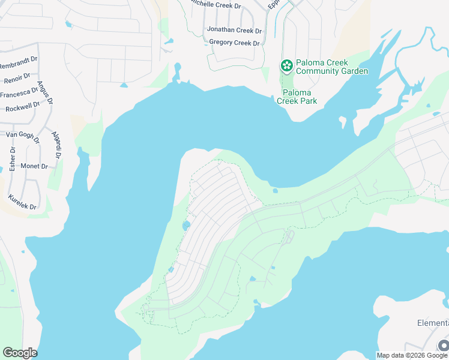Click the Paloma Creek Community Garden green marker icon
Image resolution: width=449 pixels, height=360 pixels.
pyautogui.click(x=287, y=65)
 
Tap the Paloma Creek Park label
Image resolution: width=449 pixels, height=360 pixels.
pyautogui.click(x=297, y=97)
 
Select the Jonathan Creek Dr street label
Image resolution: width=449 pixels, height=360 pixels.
pyautogui.click(x=234, y=30)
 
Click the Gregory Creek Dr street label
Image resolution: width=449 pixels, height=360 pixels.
pyautogui.click(x=234, y=43)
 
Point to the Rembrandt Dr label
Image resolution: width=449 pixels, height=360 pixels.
pyautogui.click(x=19, y=65)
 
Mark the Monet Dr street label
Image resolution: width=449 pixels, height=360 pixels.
pyautogui.click(x=35, y=166)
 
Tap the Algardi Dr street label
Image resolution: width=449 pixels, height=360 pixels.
pyautogui.click(x=56, y=145)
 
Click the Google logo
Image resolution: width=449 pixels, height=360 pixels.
pyautogui.click(x=20, y=353)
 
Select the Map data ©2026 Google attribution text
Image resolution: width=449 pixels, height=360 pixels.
pyautogui.click(x=412, y=355)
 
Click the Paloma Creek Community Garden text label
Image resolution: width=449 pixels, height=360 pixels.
pyautogui.click(x=331, y=67)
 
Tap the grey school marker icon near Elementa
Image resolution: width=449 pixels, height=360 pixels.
pyautogui.click(x=444, y=345)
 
